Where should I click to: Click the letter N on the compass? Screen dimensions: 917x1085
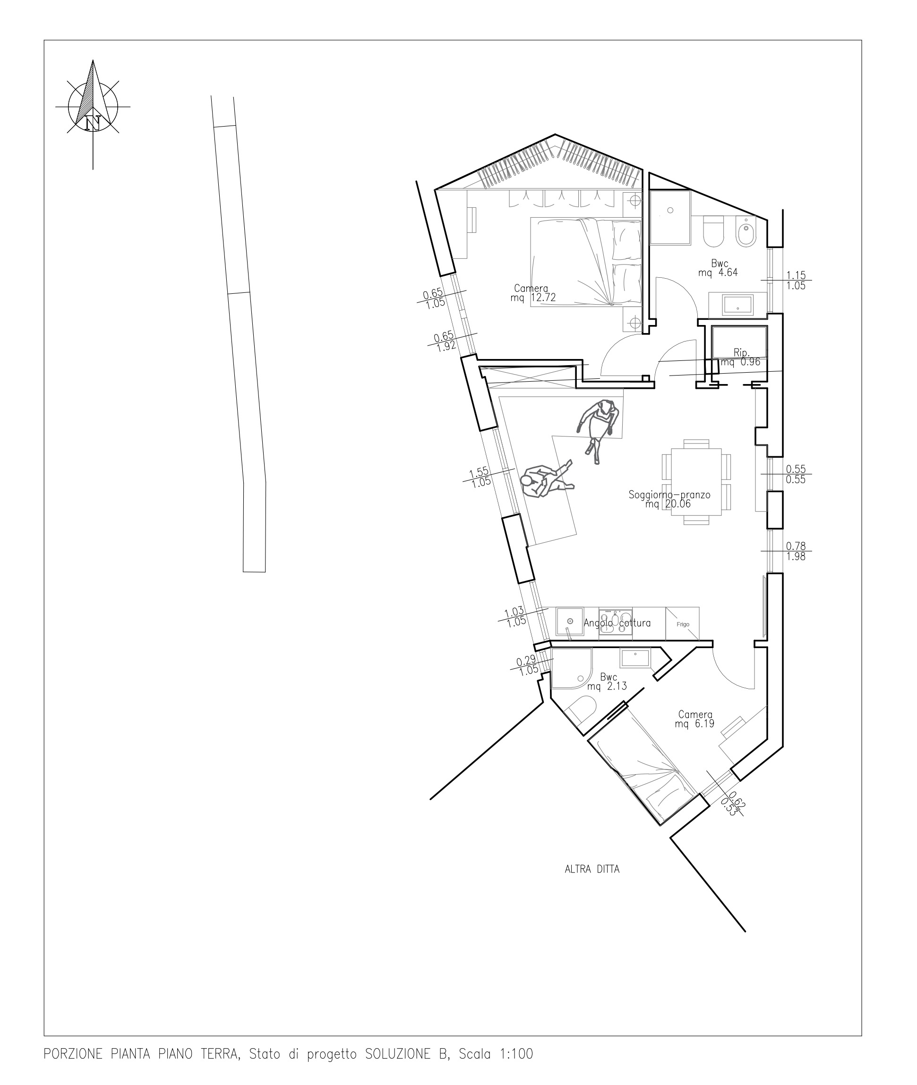[x=93, y=123]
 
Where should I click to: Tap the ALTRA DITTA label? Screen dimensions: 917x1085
[x=592, y=869]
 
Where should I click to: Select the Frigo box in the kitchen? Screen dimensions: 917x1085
[x=683, y=624]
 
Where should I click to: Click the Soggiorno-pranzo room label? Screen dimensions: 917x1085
[x=669, y=494]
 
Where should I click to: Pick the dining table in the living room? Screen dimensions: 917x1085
[x=696, y=482]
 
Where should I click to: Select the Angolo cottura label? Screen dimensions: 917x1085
[x=617, y=623]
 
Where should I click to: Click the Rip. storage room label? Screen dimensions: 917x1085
[x=741, y=352]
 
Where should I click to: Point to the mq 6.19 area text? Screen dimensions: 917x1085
[x=694, y=724]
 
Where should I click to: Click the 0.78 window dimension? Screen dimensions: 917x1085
[x=796, y=546]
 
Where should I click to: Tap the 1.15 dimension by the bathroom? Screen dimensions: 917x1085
[x=796, y=275]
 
